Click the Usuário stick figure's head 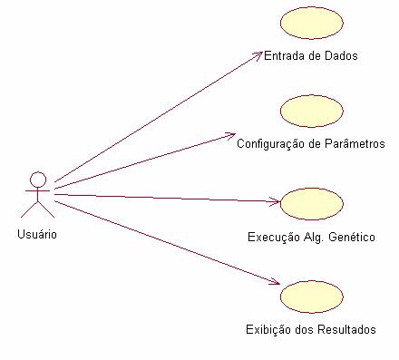click(37, 177)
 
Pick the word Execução click(272, 238)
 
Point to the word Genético click(353, 238)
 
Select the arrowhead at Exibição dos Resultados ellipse click(275, 287)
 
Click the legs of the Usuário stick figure click(37, 209)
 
